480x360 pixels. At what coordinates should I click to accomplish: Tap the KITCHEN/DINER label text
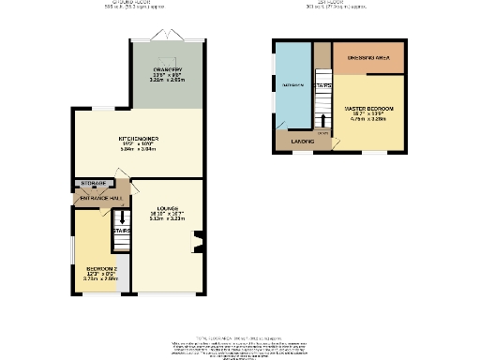point(138,139)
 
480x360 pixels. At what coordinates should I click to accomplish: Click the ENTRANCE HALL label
point(100,199)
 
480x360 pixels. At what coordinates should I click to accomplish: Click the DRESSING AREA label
point(368,58)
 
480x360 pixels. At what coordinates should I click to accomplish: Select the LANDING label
point(302,141)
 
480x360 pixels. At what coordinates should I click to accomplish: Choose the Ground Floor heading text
point(137,3)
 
